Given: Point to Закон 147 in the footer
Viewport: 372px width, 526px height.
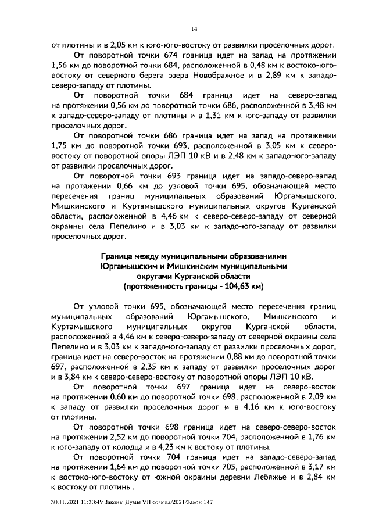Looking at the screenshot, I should point(198,503).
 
